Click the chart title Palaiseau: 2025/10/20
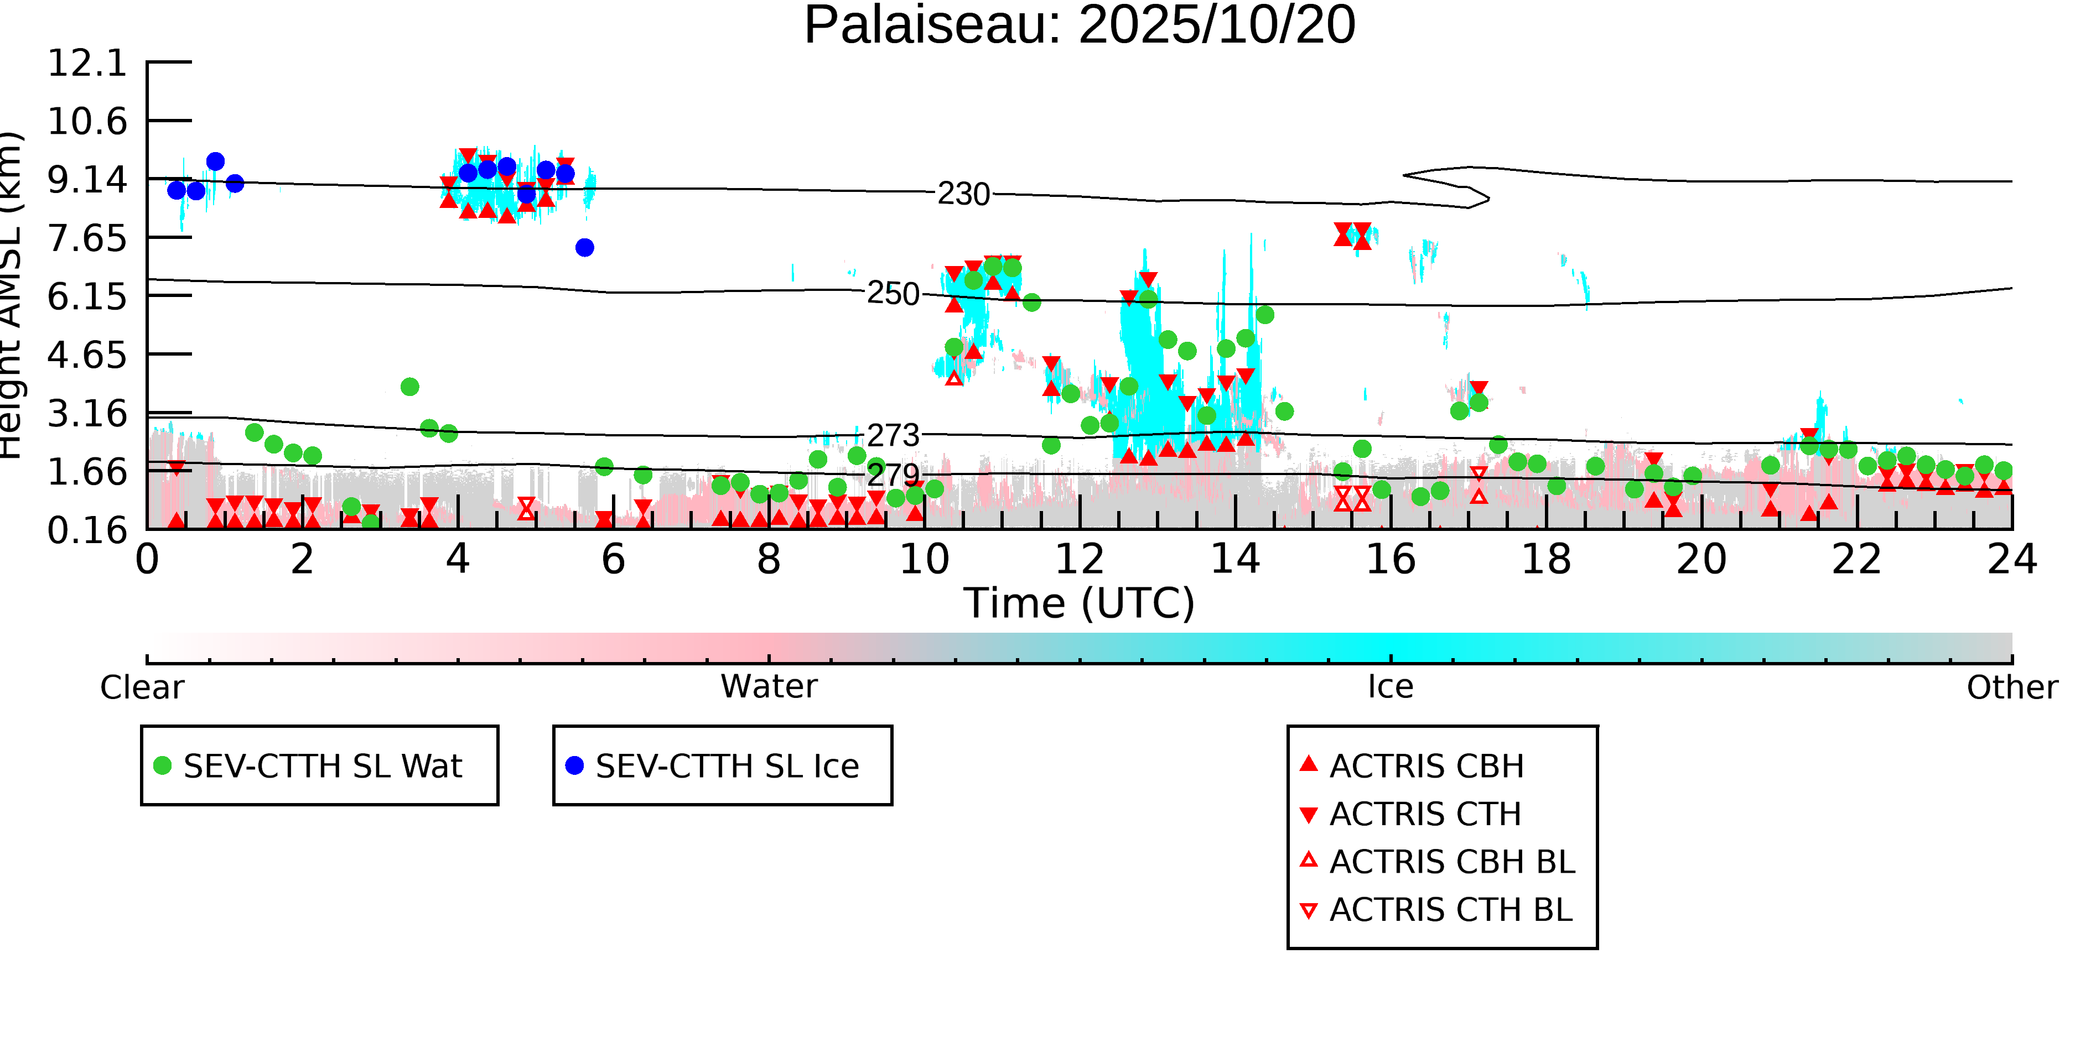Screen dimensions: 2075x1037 tap(1080, 26)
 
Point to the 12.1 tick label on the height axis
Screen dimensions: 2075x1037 tap(88, 63)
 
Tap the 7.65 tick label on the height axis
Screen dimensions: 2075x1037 tap(88, 238)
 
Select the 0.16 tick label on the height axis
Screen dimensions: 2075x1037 tap(88, 530)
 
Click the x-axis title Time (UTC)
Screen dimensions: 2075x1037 tap(1080, 603)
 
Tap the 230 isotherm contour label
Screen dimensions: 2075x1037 tap(963, 194)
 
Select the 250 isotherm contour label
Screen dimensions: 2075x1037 tap(893, 294)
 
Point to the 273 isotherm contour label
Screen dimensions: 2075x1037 tap(893, 436)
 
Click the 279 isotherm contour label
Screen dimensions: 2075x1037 tap(893, 475)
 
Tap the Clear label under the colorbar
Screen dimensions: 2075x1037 tap(142, 687)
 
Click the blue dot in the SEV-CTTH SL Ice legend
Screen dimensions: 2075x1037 tap(574, 765)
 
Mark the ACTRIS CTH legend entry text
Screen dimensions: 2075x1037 tap(1426, 814)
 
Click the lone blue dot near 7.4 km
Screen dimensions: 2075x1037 tap(585, 247)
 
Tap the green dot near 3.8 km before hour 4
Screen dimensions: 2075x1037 tap(409, 387)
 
